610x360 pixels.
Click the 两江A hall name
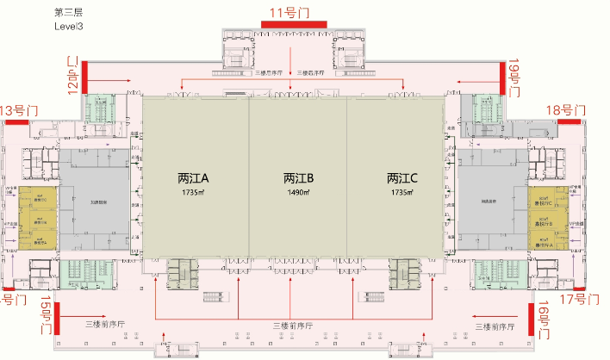point(195,179)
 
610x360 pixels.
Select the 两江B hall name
point(298,179)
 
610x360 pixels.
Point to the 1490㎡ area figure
point(298,193)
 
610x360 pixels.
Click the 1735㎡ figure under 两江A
point(195,193)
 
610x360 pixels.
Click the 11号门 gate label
point(290,12)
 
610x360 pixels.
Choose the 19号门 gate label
point(514,75)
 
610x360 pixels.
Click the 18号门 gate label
point(567,109)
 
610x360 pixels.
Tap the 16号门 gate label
point(545,320)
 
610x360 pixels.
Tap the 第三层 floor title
point(68,12)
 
